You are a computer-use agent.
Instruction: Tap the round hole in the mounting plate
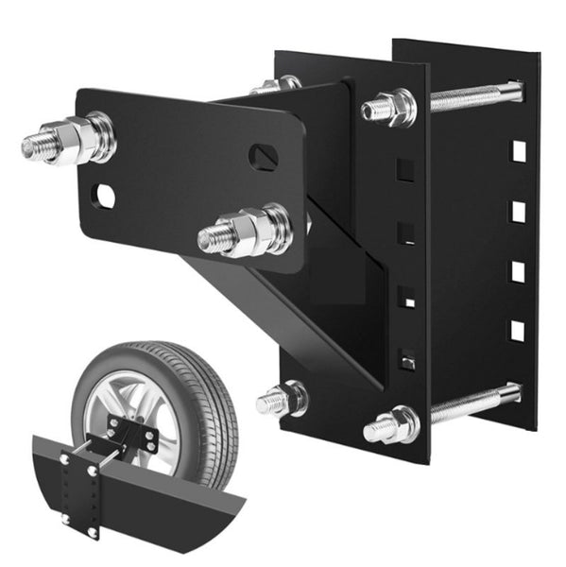click(x=104, y=196)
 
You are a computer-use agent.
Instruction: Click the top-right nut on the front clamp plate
click(x=390, y=107)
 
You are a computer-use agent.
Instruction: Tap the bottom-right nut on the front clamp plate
click(x=392, y=425)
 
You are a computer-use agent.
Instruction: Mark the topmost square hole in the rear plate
click(x=517, y=150)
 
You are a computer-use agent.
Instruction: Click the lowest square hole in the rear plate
click(x=517, y=330)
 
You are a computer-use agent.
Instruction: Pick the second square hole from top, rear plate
click(x=517, y=211)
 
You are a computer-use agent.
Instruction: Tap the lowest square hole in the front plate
click(x=406, y=359)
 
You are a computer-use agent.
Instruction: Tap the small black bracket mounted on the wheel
click(x=132, y=435)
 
